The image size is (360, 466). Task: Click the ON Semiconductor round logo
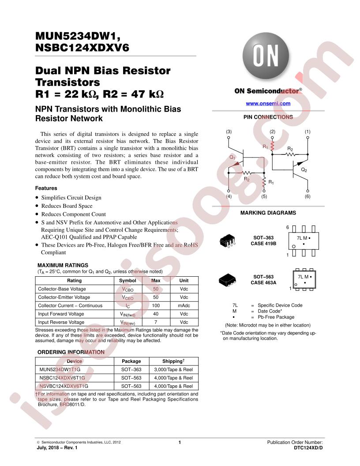point(266,56)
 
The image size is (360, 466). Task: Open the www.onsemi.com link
point(268,103)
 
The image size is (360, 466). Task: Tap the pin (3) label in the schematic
point(229,132)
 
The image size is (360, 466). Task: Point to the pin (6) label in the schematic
point(307,196)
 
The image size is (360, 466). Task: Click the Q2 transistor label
point(304,170)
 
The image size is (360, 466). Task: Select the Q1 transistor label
point(232,157)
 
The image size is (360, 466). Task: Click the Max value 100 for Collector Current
point(156,305)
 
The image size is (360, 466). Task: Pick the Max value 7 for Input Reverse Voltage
point(156,322)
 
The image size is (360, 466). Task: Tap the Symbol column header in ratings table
point(128,281)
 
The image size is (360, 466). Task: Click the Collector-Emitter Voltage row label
point(64,297)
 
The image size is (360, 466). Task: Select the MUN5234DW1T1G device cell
point(60,370)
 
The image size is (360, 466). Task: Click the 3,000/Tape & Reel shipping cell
point(173,370)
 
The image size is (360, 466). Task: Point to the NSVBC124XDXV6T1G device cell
point(64,387)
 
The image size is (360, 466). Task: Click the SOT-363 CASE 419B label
point(263,241)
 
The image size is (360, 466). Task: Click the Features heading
point(46,188)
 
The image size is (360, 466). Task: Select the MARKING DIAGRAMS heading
point(268,213)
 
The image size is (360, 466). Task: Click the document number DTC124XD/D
point(308,448)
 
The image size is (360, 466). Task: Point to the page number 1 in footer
point(180,443)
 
